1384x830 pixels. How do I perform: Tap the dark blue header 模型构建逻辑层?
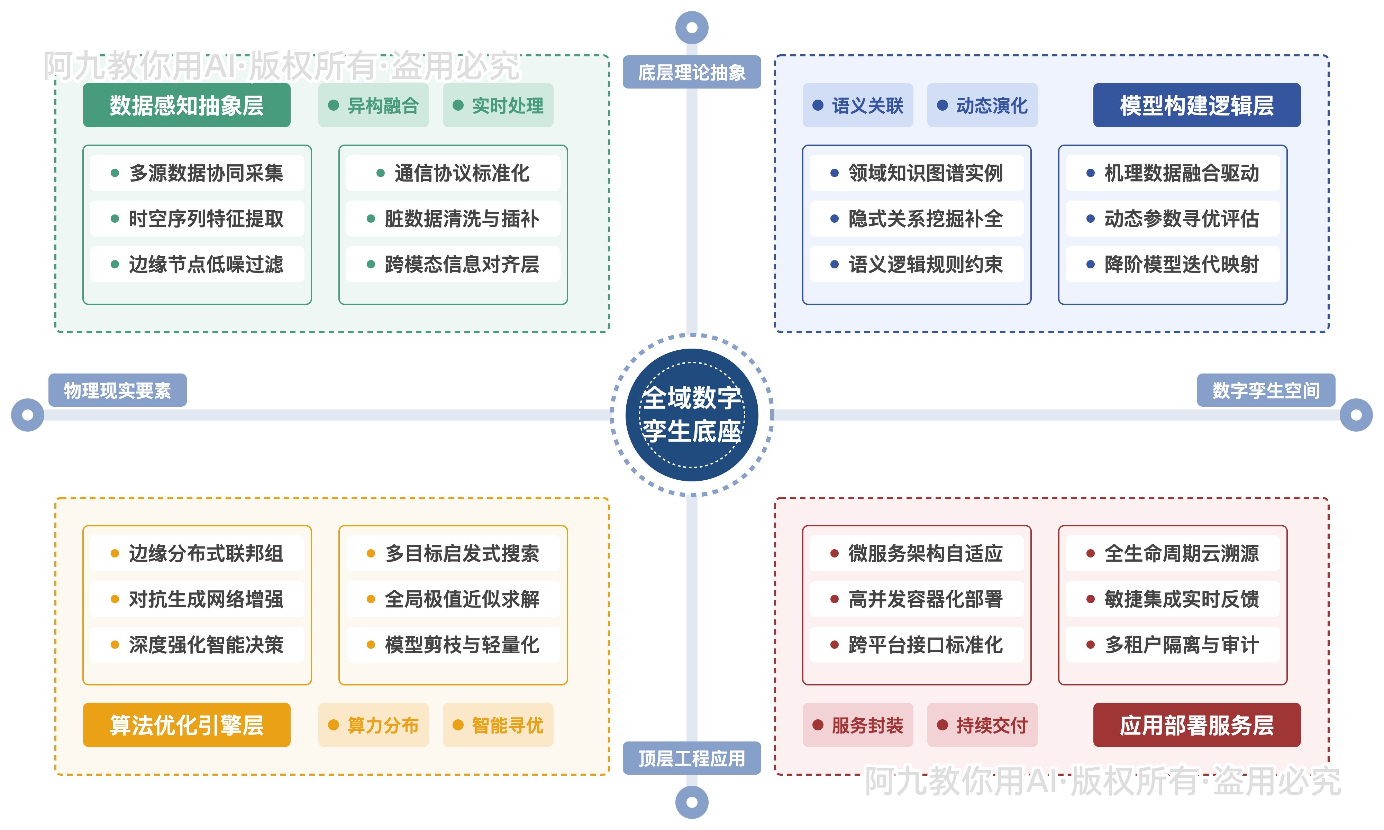pyautogui.click(x=1196, y=105)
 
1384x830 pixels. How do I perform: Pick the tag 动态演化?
pyautogui.click(x=982, y=105)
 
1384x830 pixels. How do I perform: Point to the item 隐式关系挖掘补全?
pyautogui.click(x=916, y=219)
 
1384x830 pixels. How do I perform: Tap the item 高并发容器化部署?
pyautogui.click(x=916, y=599)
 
